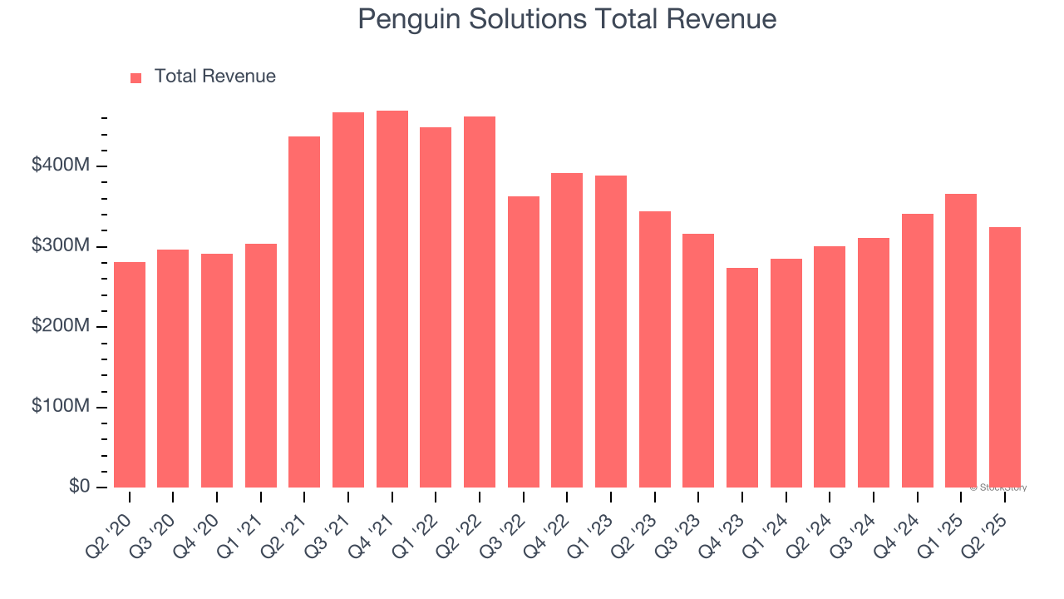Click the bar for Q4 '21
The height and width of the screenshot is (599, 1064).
[x=392, y=299]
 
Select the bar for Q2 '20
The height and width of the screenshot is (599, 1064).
[x=130, y=374]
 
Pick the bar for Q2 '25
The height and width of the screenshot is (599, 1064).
[x=1005, y=357]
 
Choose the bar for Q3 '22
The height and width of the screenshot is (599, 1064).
[x=524, y=341]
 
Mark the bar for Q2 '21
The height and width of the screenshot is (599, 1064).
[x=304, y=311]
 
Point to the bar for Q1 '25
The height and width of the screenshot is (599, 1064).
[x=961, y=340]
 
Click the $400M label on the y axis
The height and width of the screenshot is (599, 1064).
[x=60, y=166]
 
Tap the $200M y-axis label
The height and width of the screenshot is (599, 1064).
[x=60, y=327]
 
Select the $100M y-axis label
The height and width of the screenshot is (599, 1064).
[x=60, y=407]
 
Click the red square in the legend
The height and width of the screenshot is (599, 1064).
[x=136, y=77]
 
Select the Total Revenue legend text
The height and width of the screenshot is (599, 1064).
[x=214, y=77]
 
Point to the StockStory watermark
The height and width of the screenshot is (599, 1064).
[x=998, y=488]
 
